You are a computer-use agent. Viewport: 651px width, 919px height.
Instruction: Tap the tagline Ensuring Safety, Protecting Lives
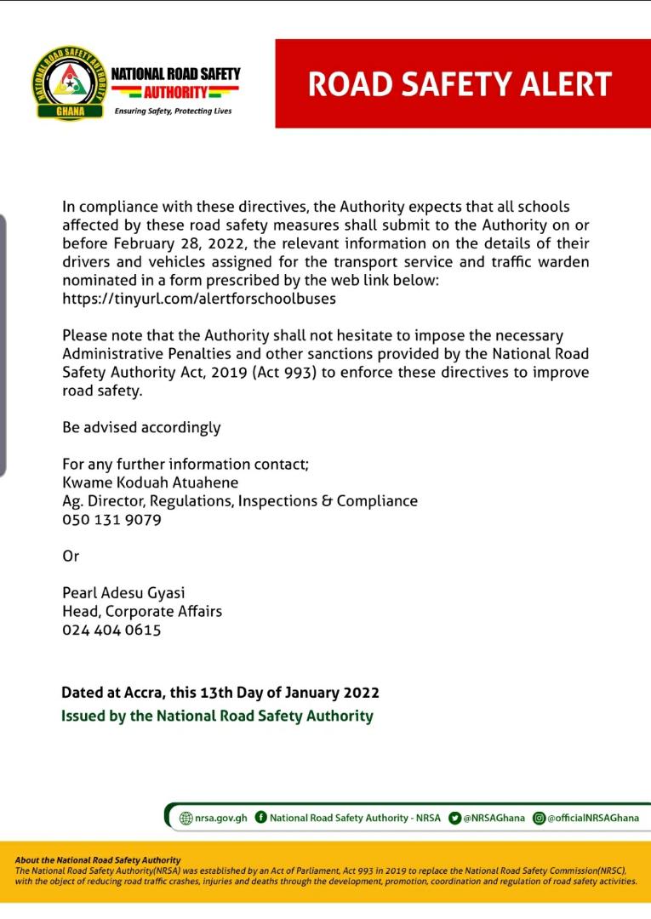click(x=173, y=111)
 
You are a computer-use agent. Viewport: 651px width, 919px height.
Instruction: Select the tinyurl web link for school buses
click(x=199, y=299)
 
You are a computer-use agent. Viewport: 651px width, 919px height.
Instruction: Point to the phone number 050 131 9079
click(x=111, y=519)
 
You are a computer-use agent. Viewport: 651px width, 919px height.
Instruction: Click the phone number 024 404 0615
click(x=111, y=631)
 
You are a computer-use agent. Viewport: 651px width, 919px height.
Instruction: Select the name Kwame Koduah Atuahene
click(x=150, y=482)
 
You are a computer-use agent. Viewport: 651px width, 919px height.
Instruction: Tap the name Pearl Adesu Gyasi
click(x=123, y=593)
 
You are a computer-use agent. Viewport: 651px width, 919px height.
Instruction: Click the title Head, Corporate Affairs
click(x=142, y=612)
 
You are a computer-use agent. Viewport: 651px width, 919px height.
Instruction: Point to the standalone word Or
click(x=71, y=556)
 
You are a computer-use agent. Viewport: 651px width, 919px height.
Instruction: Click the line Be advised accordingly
click(x=141, y=427)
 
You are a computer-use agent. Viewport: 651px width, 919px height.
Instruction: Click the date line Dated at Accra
click(x=220, y=693)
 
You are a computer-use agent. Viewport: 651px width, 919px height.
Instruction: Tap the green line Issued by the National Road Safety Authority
click(x=217, y=716)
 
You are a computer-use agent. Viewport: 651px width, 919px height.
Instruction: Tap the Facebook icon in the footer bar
click(x=261, y=817)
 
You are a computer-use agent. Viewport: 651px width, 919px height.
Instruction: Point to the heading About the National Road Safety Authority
click(x=98, y=860)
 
